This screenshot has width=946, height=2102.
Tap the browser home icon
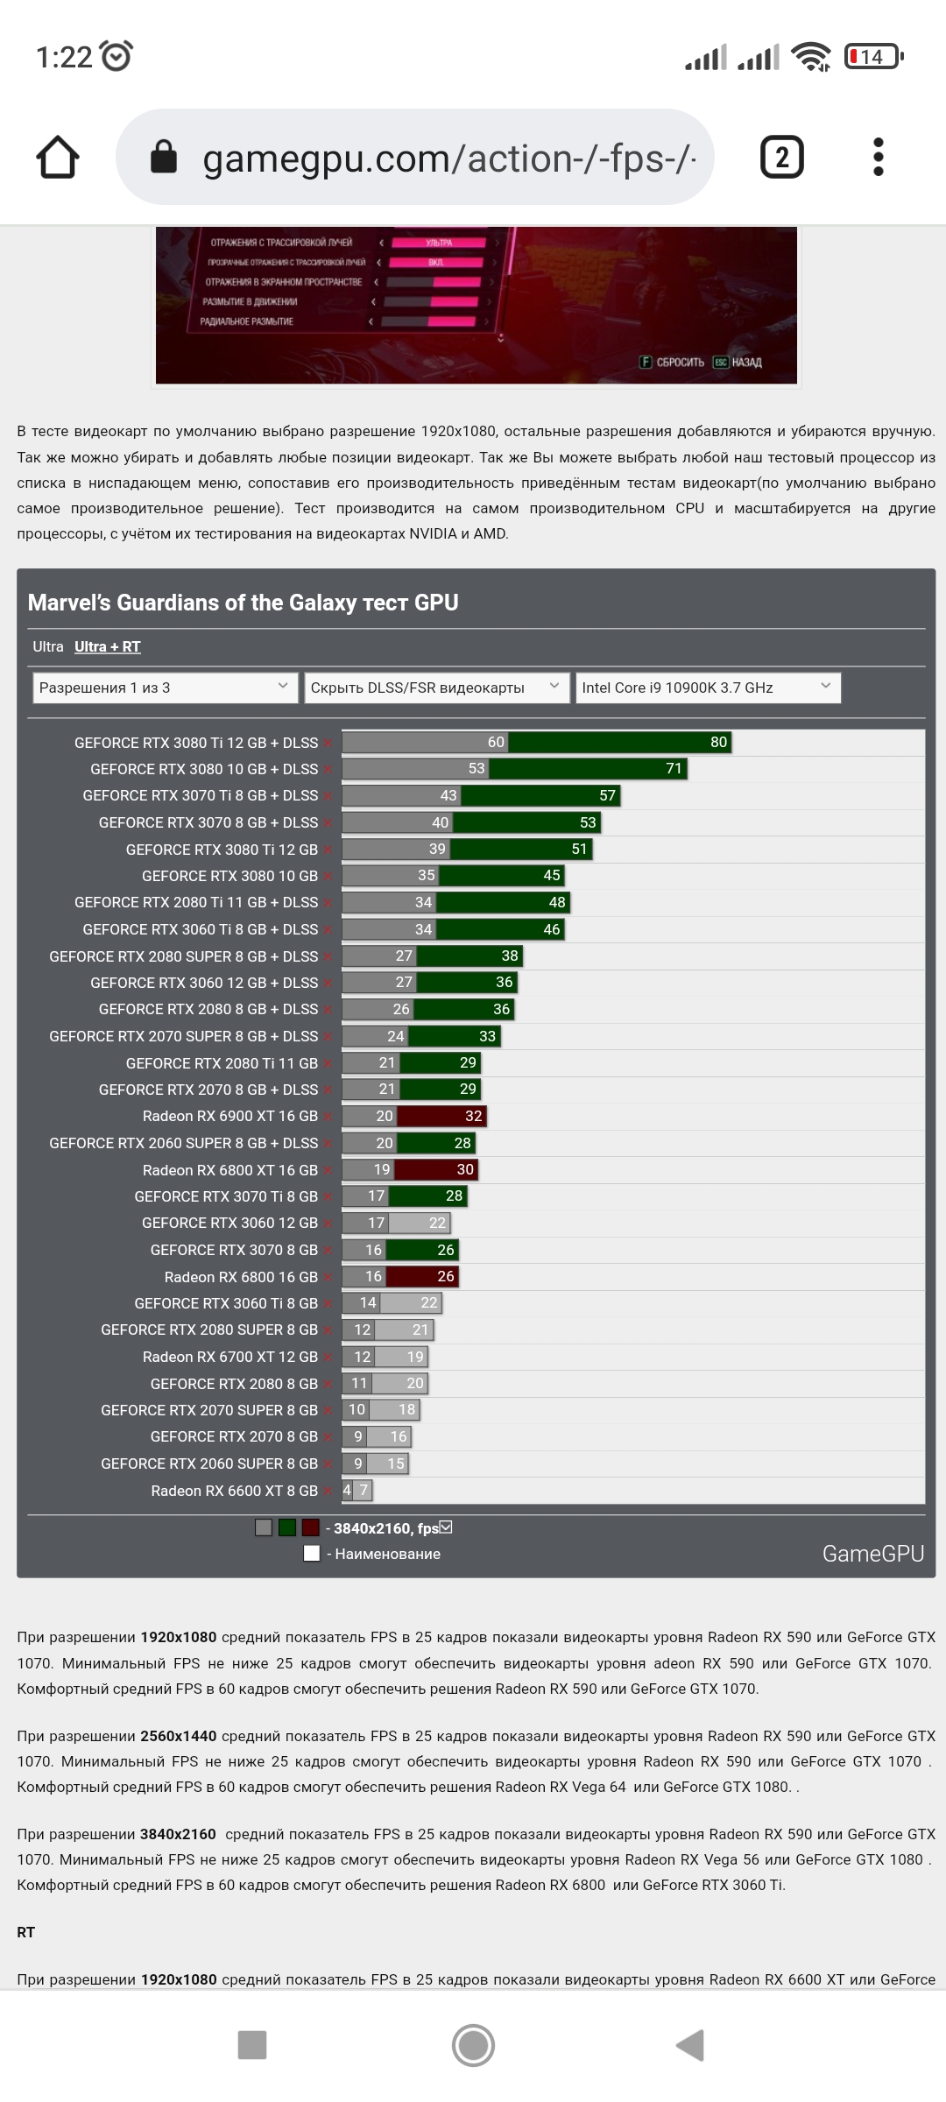click(58, 158)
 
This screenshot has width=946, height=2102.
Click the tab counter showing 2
click(781, 158)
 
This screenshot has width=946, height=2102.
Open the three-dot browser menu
click(879, 158)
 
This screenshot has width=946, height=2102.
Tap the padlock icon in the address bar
click(164, 158)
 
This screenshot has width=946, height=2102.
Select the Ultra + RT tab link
click(107, 646)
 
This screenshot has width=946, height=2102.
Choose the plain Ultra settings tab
click(48, 646)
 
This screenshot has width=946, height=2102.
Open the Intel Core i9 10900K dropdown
click(707, 688)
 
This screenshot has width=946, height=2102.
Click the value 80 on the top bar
click(718, 742)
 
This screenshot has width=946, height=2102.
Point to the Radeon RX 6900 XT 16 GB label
click(229, 1116)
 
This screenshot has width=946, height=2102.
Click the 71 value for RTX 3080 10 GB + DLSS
click(673, 768)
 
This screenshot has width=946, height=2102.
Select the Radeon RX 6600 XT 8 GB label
click(234, 1491)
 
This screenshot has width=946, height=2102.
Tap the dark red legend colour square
click(310, 1527)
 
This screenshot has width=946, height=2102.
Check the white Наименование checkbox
click(311, 1553)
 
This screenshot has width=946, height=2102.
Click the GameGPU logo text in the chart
click(872, 1553)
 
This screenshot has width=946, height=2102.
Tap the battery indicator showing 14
click(872, 57)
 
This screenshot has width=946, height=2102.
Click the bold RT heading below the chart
click(26, 1932)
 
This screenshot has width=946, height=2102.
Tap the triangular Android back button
click(690, 2045)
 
